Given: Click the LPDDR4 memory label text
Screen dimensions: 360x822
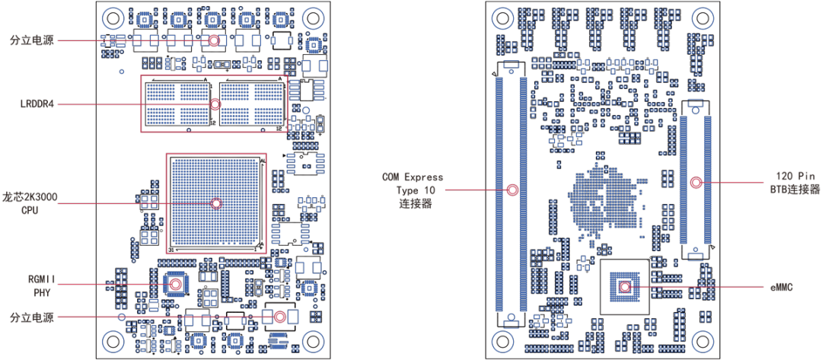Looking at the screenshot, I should (x=37, y=104).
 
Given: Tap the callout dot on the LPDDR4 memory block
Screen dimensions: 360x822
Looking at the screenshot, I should (x=215, y=104).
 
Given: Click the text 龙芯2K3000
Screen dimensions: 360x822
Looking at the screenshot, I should (x=30, y=197).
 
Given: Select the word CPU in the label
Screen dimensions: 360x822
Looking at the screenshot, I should (x=30, y=209).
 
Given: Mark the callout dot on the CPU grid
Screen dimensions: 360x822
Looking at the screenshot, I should (x=216, y=203).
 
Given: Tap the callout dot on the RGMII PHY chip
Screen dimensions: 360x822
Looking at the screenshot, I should (x=176, y=284).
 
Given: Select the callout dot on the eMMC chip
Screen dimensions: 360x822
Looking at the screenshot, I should (x=626, y=287).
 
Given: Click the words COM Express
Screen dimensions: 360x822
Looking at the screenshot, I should (x=413, y=177).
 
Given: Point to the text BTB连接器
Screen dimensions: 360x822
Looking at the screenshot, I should (x=795, y=188).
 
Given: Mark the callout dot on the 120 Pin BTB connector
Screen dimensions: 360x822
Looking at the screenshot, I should (x=696, y=183).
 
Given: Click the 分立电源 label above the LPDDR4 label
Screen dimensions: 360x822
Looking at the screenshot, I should (x=31, y=40).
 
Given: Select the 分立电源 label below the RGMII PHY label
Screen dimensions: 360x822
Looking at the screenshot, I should (x=31, y=317).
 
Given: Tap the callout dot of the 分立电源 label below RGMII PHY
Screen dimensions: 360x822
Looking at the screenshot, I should (x=279, y=317).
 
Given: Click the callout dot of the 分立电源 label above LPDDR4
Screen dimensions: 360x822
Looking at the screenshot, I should (x=214, y=40).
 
